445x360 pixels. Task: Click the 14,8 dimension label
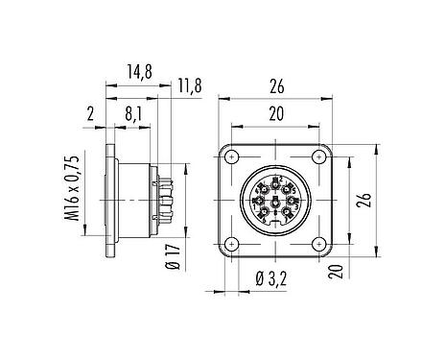(x=139, y=72)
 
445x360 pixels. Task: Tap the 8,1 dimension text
(x=133, y=114)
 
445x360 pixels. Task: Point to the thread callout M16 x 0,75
(x=72, y=188)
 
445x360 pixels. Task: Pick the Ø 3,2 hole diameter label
(x=271, y=278)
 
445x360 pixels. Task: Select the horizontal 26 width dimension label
(x=276, y=86)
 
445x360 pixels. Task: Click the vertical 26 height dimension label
(x=364, y=200)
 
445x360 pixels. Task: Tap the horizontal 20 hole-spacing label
(x=276, y=114)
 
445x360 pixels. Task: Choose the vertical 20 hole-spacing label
(x=336, y=272)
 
